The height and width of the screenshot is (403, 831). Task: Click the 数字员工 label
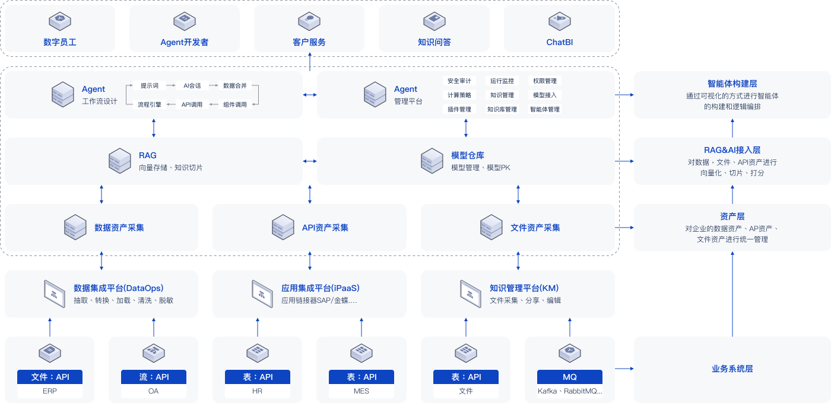click(x=60, y=43)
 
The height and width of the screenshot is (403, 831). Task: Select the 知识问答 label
click(x=434, y=43)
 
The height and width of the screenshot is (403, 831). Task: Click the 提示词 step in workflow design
click(x=150, y=85)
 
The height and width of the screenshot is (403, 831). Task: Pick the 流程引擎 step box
click(x=150, y=104)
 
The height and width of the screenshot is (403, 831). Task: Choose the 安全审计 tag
click(x=459, y=81)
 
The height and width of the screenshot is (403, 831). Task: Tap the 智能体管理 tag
click(x=545, y=109)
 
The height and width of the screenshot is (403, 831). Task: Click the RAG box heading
click(x=148, y=155)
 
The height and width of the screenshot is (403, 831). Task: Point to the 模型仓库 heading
click(x=468, y=155)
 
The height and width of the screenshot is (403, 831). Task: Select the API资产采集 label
click(x=325, y=228)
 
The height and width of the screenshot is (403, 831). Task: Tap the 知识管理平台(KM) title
click(x=524, y=288)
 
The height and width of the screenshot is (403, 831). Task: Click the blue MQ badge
click(x=570, y=377)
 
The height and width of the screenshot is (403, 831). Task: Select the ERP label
click(x=50, y=391)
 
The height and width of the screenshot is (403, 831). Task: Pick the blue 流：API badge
click(x=154, y=377)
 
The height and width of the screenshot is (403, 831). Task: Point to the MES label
click(x=361, y=391)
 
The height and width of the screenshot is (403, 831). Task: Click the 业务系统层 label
click(x=732, y=369)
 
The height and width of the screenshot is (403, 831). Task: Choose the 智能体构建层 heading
click(x=732, y=84)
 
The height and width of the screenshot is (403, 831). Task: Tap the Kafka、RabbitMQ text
click(x=570, y=391)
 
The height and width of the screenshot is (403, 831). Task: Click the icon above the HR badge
click(x=258, y=353)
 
